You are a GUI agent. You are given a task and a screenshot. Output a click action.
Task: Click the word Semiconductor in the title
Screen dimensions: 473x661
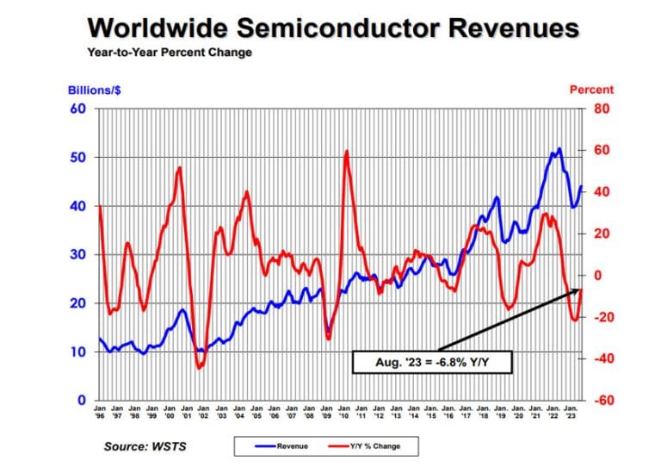(331, 28)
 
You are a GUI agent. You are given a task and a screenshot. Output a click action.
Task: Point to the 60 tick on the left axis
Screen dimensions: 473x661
(77, 109)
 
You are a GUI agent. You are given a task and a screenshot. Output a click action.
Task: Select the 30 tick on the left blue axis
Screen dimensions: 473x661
(77, 255)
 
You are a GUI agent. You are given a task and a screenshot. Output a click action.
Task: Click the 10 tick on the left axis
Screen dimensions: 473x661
(77, 352)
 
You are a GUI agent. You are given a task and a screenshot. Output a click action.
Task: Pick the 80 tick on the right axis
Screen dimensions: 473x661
(598, 109)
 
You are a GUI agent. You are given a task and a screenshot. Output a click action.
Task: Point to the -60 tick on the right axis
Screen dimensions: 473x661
(600, 401)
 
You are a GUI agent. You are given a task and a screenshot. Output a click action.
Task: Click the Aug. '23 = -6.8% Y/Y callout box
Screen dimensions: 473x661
(432, 363)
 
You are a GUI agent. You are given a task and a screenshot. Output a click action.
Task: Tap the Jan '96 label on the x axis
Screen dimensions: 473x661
(100, 412)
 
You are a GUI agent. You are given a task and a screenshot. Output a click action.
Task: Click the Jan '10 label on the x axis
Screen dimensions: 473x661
(343, 412)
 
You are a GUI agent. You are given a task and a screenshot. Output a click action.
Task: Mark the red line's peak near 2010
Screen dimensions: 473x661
(346, 152)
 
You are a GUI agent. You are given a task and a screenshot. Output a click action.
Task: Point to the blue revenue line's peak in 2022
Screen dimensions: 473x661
(559, 149)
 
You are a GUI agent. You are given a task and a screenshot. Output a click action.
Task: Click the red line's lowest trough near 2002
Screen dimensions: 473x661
(198, 368)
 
